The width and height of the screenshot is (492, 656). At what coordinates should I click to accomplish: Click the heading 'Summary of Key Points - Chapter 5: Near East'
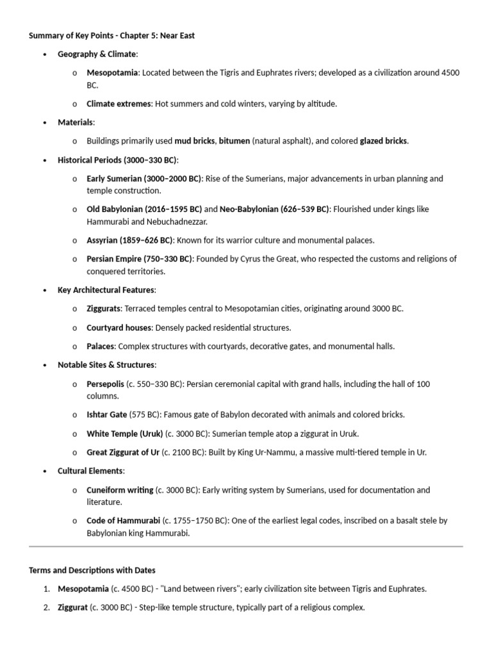111,36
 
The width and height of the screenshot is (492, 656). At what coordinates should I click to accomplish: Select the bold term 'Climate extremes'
119,103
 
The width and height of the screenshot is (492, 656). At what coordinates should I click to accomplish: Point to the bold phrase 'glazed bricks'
383,141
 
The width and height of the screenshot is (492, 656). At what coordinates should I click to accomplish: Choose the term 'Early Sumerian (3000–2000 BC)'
144,179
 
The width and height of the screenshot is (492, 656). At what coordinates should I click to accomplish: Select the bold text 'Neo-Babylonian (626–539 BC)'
274,209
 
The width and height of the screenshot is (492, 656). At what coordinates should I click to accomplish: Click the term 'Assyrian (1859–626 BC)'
129,240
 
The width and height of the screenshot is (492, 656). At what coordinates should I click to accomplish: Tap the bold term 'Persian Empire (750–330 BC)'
139,259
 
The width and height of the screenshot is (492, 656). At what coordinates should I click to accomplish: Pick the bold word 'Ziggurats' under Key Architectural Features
103,309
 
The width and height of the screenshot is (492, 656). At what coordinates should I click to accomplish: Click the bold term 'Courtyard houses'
119,328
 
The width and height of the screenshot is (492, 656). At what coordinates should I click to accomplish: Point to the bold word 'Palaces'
101,347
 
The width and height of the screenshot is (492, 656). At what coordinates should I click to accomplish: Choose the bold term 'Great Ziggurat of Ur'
123,452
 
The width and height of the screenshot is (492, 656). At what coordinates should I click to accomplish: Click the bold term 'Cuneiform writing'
120,490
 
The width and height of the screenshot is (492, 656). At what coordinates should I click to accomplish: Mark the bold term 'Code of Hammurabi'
123,521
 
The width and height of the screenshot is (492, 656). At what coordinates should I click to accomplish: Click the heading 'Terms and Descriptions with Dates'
92,570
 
